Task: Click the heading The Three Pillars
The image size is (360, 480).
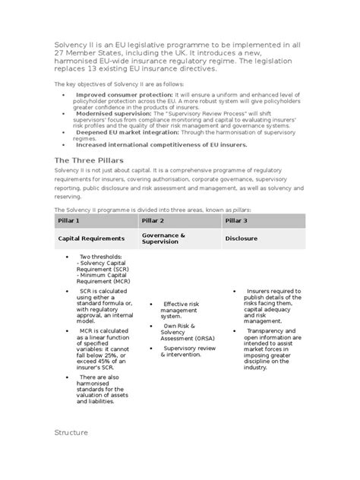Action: click(x=84, y=160)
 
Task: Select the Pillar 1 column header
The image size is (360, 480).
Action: click(x=69, y=220)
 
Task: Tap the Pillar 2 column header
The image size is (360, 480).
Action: click(x=153, y=220)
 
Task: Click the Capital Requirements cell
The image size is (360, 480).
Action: click(x=93, y=238)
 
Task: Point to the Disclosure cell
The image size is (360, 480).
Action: click(x=241, y=238)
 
